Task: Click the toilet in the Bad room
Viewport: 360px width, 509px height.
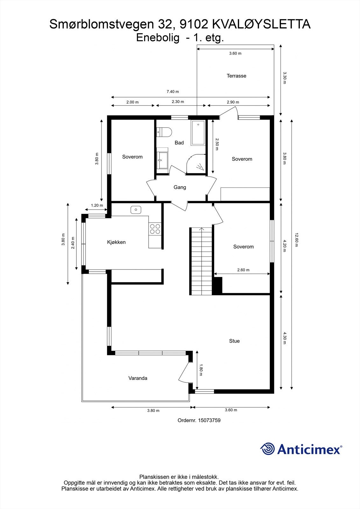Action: (165, 131)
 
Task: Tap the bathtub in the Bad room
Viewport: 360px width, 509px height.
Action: (198, 133)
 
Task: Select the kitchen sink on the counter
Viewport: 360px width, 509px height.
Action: (136, 210)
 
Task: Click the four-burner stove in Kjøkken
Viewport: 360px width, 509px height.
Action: (155, 229)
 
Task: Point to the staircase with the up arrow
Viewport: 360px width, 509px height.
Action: (201, 261)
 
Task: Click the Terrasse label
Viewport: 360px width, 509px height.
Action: (236, 76)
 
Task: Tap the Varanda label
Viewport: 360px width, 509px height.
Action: (138, 378)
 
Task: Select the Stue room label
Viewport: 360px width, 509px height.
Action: (234, 341)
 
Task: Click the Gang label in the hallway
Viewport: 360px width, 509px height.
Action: (180, 187)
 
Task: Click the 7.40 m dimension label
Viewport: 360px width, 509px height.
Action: (173, 92)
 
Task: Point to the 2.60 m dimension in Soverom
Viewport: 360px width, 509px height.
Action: (243, 270)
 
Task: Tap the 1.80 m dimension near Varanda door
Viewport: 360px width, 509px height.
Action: (201, 370)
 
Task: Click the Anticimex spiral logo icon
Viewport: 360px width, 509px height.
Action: (267, 449)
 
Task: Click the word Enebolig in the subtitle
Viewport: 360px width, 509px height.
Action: (158, 38)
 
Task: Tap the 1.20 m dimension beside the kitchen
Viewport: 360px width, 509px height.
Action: (97, 206)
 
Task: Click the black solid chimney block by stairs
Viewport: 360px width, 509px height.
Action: (217, 285)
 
